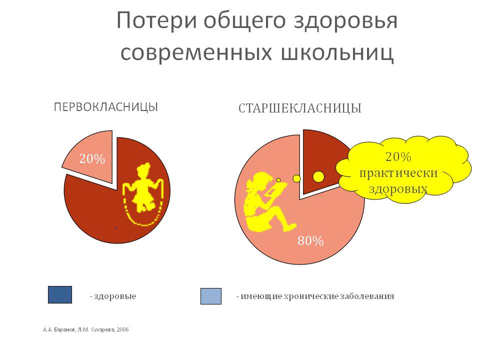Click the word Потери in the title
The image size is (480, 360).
tap(156, 21)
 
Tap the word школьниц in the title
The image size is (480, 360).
tap(336, 52)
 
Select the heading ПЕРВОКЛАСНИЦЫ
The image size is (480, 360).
tap(106, 107)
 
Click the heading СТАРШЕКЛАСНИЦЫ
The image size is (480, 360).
tap(299, 108)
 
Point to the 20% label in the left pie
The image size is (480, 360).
tap(92, 159)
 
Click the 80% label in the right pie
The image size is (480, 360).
tap(310, 241)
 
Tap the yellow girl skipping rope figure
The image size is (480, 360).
tap(143, 193)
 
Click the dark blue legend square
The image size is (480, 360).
tap(60, 295)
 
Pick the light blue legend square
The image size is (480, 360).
tap(211, 296)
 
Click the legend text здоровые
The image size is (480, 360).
tap(115, 296)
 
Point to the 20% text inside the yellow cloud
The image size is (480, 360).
tap(398, 156)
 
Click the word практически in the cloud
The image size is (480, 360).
tap(398, 173)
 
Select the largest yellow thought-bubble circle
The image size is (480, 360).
tap(318, 176)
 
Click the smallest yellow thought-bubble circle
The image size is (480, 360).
tap(278, 180)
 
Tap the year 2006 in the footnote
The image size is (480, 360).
tap(123, 329)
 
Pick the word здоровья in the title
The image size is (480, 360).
tap(345, 21)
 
